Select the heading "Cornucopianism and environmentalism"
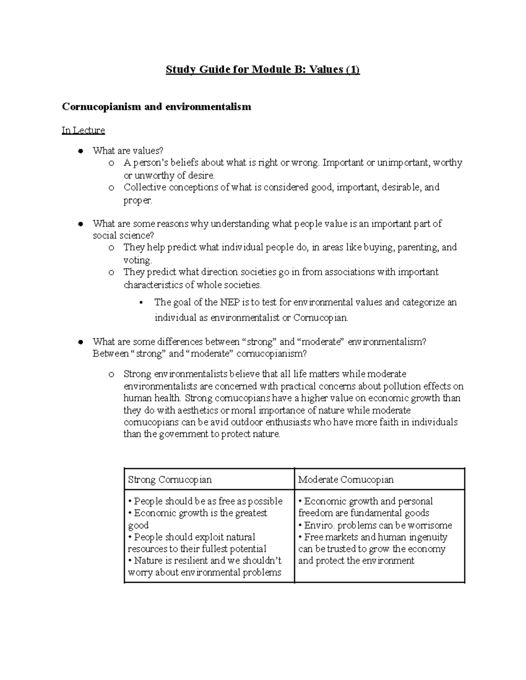[x=156, y=106]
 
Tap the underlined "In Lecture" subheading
[x=83, y=130]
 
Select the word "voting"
[x=137, y=260]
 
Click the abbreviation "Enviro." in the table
[x=320, y=525]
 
